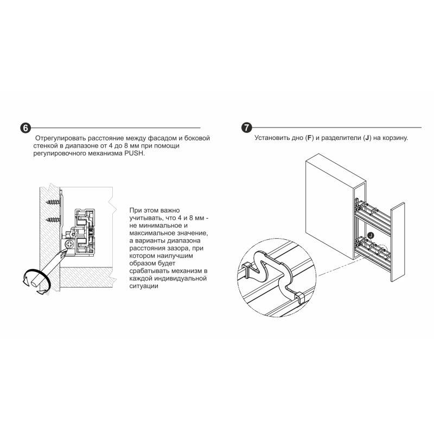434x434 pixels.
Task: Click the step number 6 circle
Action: pyautogui.click(x=25, y=128)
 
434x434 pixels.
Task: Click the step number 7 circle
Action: pyautogui.click(x=247, y=127)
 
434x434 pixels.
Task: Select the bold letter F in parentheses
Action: pyautogui.click(x=309, y=138)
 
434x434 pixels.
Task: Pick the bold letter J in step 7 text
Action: pyautogui.click(x=367, y=138)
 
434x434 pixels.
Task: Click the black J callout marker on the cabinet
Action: pyautogui.click(x=371, y=235)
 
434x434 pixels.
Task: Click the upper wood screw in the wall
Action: pyautogui.click(x=53, y=201)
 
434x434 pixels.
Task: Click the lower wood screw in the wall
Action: pyautogui.click(x=53, y=220)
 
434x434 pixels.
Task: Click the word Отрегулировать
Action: pyautogui.click(x=60, y=138)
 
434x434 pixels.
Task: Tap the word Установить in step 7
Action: pyautogui.click(x=272, y=138)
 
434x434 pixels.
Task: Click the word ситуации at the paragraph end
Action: pyautogui.click(x=144, y=286)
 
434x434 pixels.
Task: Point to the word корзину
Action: pyautogui.click(x=395, y=138)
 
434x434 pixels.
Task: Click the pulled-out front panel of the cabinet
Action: pyautogui.click(x=398, y=242)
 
